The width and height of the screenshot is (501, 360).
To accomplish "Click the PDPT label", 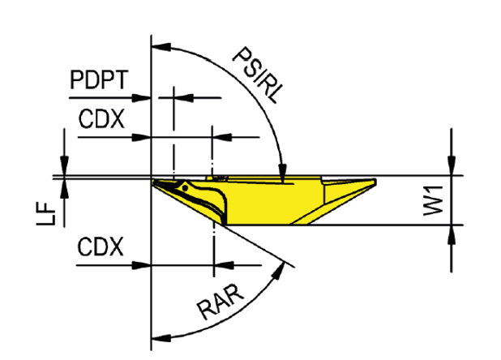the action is coord(99,79).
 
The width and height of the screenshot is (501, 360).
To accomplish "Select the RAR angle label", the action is coord(221,302).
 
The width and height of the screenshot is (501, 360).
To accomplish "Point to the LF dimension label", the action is coord(46,214).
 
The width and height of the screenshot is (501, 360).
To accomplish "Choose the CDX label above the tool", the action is coord(101,119).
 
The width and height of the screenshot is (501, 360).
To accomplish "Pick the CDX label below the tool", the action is coord(101,246).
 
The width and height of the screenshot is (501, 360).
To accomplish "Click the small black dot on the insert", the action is coord(185,188).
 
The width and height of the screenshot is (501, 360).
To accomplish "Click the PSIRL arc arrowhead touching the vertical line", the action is coord(161,47).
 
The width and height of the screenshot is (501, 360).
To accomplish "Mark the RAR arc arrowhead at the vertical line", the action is coord(161,337).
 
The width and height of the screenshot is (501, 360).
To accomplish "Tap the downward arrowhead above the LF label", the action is coord(65,165).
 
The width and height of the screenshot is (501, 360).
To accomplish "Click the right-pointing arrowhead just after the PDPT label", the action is coord(141,98).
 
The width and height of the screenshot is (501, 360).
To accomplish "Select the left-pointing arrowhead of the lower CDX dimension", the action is coord(224,265).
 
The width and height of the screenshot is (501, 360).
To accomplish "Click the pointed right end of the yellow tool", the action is coord(375,182).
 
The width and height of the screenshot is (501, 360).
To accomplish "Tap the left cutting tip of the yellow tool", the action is coord(153,182).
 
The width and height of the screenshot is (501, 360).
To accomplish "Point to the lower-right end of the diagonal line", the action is coord(294,267).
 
